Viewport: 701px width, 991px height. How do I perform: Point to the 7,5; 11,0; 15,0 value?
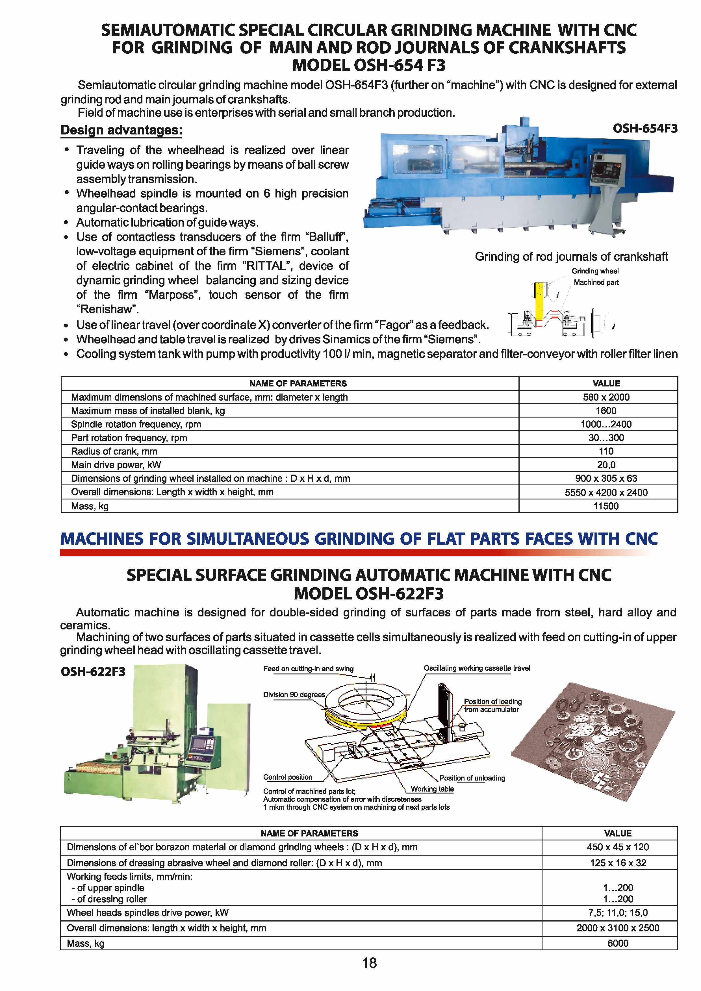pyautogui.click(x=617, y=912)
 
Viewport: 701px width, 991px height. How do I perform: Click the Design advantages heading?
pyautogui.click(x=121, y=130)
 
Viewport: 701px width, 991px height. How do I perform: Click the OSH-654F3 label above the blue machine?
pyautogui.click(x=645, y=129)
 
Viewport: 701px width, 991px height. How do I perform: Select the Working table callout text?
pyautogui.click(x=432, y=789)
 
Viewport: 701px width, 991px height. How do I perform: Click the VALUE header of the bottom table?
pyautogui.click(x=617, y=833)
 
